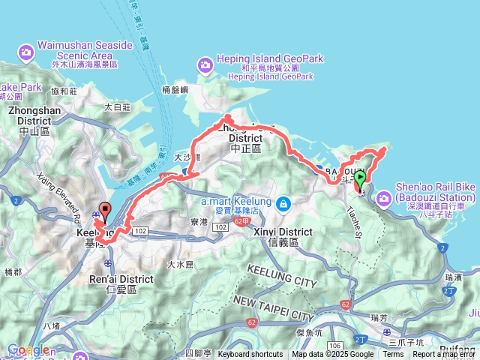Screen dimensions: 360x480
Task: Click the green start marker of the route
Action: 360,180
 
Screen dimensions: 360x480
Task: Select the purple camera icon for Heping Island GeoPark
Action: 205,66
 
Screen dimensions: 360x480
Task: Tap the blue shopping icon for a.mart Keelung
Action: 283,203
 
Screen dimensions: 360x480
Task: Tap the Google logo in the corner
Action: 28,349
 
